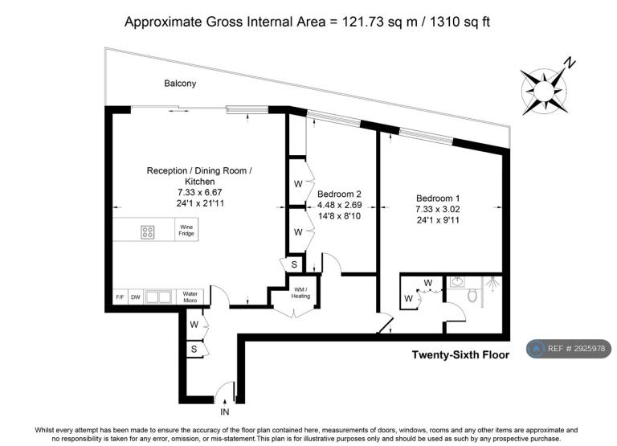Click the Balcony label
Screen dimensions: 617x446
tap(180, 84)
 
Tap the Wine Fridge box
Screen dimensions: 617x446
tap(186, 230)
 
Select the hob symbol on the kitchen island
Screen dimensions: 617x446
tap(148, 232)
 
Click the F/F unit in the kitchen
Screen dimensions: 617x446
tap(120, 297)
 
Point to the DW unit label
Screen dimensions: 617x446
tap(135, 297)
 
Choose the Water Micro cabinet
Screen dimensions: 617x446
tap(190, 297)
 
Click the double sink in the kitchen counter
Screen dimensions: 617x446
tap(158, 297)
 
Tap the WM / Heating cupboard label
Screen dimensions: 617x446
tap(300, 293)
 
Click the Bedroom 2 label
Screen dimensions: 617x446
tap(339, 194)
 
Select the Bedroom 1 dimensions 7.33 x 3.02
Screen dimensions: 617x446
tap(438, 209)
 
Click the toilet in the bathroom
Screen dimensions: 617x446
tap(472, 295)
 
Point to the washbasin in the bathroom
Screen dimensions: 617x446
tap(457, 282)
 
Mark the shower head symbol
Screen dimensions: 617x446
tap(492, 283)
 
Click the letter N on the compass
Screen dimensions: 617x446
tap(570, 63)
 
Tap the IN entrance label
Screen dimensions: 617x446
tap(225, 412)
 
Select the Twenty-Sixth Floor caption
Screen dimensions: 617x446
tap(460, 355)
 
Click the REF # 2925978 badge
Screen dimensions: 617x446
tap(569, 349)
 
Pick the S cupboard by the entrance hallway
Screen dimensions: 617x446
tap(194, 349)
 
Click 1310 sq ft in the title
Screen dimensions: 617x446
tap(460, 22)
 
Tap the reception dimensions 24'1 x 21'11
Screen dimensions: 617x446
tap(200, 203)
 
